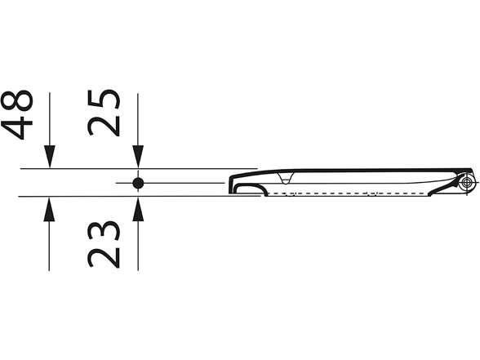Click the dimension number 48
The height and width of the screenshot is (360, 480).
click(17, 114)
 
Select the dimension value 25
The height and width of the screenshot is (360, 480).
click(104, 113)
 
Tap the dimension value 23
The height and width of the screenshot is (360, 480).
click(104, 244)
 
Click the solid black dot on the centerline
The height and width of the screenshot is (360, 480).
click(138, 183)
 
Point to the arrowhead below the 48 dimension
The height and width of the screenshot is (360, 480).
click(50, 157)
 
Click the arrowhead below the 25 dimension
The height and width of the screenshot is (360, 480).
click(138, 157)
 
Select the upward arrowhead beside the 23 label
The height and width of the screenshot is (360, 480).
click(138, 209)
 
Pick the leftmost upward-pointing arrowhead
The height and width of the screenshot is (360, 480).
click(49, 209)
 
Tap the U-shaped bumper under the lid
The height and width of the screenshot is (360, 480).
click(286, 180)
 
